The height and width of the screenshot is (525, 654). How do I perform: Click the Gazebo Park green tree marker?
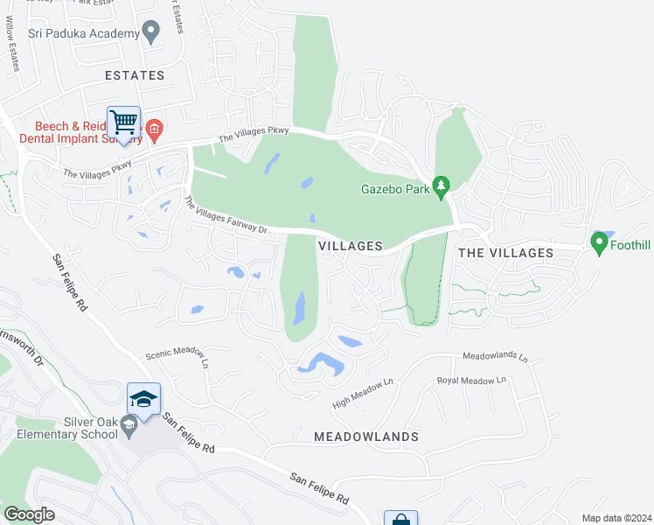click(442, 186)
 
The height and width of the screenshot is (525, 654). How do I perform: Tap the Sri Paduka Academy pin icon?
click(151, 32)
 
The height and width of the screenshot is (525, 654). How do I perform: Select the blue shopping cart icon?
click(123, 122)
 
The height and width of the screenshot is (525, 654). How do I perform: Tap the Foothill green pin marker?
click(599, 244)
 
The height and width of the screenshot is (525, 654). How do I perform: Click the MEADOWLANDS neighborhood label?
click(366, 436)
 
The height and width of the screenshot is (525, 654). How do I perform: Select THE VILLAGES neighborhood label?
click(505, 253)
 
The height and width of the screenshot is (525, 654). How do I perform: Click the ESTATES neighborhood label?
click(135, 75)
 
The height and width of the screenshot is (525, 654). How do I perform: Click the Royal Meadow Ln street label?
click(472, 381)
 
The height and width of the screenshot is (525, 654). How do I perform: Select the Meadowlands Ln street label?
click(495, 357)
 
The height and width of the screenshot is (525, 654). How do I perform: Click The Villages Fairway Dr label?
click(226, 215)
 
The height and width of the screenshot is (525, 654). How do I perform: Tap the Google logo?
click(29, 514)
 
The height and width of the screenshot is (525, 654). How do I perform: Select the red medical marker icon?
click(154, 132)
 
